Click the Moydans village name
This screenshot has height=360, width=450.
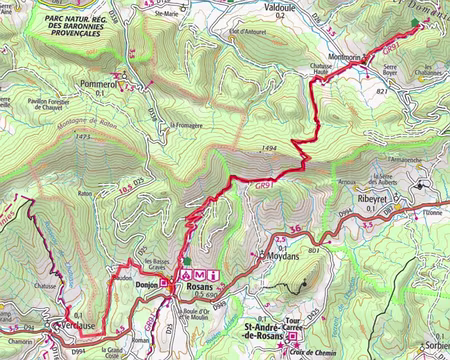pos(282,257)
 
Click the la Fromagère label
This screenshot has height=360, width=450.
pos(187,125)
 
